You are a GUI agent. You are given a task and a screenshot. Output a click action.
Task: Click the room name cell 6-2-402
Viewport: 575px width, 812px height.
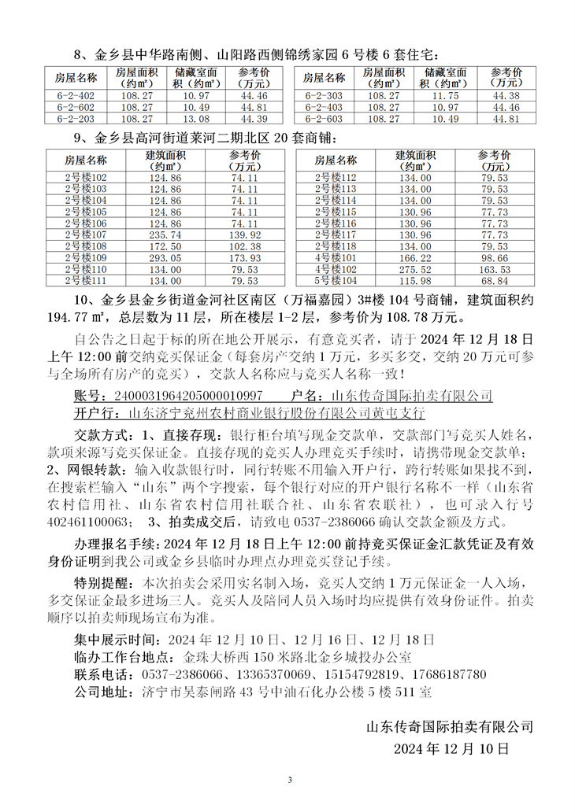click(76, 96)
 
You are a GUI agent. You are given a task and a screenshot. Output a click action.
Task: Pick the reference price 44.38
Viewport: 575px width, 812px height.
click(505, 96)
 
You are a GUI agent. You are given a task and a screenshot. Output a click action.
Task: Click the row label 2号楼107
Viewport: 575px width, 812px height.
click(86, 235)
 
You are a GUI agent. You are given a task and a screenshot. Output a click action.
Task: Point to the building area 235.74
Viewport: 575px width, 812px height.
click(165, 235)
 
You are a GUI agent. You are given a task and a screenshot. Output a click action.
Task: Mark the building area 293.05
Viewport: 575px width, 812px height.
click(165, 258)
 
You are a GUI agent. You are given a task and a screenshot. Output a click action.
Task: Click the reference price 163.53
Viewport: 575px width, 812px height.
click(494, 269)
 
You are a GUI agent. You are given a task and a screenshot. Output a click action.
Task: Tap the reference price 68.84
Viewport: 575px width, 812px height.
click(494, 281)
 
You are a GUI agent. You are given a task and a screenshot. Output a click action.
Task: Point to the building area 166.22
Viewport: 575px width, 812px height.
click(414, 258)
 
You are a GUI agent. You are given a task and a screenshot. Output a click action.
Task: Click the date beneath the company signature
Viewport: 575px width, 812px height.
click(451, 748)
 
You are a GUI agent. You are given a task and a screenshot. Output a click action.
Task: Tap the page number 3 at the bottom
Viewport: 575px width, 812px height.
click(290, 780)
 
